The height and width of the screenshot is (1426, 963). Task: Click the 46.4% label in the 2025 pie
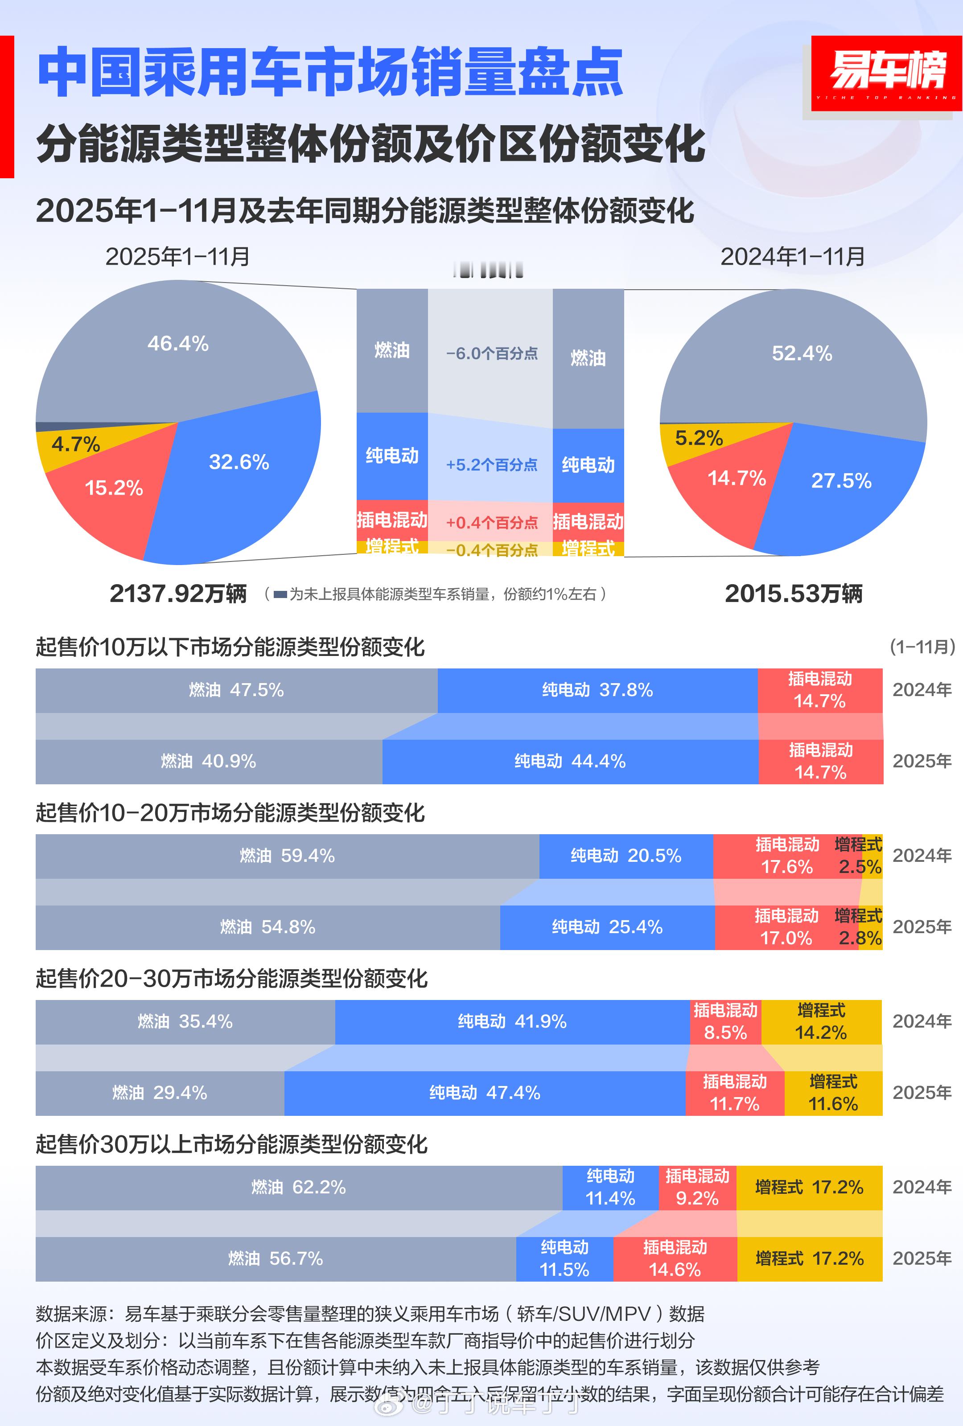pos(178,344)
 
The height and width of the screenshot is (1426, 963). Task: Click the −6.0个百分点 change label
pos(491,353)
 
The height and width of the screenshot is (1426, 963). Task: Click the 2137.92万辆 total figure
pos(178,593)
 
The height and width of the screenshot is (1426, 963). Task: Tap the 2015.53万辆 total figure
pos(793,593)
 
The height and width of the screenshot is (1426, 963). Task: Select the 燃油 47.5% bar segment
pos(236,690)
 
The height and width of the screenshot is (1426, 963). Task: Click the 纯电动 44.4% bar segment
pos(570,762)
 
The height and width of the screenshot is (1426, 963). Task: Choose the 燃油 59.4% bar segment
pos(287,856)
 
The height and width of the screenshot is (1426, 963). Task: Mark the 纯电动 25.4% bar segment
pos(607,927)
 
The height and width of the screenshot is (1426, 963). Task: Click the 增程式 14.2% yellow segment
pos(821,1022)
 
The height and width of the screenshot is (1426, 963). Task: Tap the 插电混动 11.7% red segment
pos(734,1093)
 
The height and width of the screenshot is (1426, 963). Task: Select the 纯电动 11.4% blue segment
pos(610,1187)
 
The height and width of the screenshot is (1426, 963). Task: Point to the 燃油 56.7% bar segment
pos(275,1258)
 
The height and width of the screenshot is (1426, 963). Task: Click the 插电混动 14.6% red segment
pos(675,1258)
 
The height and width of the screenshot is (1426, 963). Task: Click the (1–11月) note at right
pos(922,646)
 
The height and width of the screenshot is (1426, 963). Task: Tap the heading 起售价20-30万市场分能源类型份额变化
pos(231,979)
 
